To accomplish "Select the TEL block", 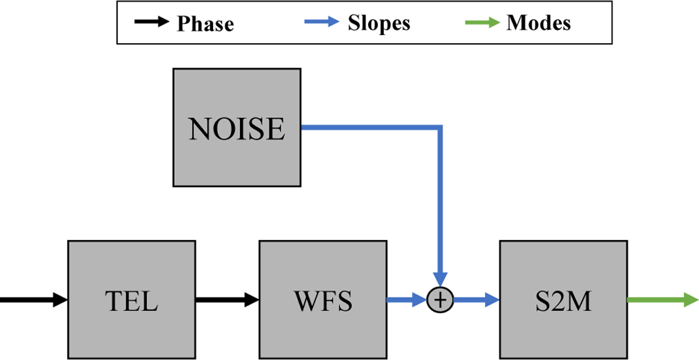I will [x=132, y=300].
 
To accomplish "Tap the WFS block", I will [x=323, y=300].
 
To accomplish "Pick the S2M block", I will [x=563, y=300].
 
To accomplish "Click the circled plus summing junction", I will [x=441, y=300].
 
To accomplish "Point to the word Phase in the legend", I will [x=205, y=24].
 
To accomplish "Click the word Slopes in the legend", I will [x=379, y=23].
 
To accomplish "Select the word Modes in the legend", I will [x=539, y=23].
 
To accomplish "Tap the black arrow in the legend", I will [x=152, y=23].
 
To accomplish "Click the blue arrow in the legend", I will [x=322, y=23].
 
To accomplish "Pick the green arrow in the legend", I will [x=483, y=23].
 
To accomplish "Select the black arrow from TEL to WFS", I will [x=227, y=300].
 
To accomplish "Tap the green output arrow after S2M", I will [x=662, y=300].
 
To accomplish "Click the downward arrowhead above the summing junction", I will [x=441, y=280].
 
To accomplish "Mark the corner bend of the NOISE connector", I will [x=440, y=126].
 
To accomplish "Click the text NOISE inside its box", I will [x=237, y=129].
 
